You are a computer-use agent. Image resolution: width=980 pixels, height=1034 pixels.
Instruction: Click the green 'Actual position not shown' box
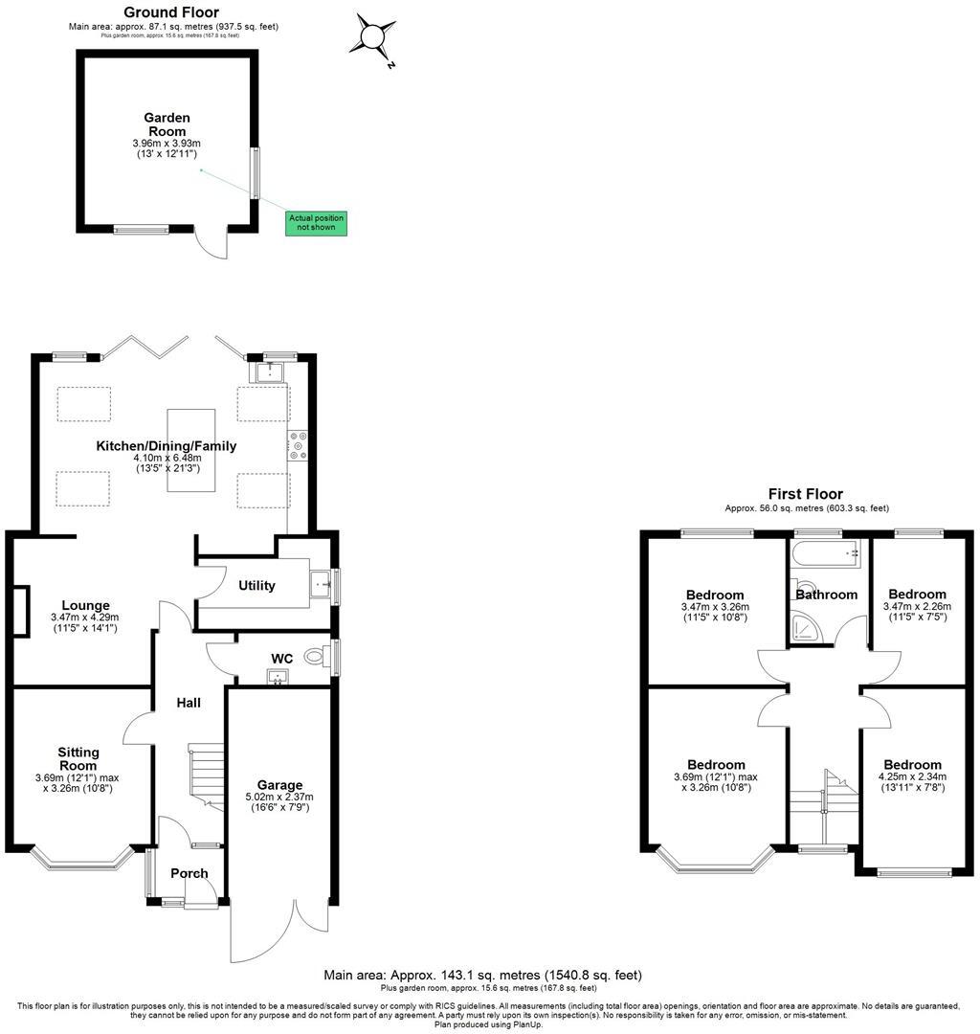pos(316,223)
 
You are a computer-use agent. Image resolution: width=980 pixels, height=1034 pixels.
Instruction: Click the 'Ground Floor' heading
pos(171,12)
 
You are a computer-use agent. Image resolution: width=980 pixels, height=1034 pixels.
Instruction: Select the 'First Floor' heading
pos(805,494)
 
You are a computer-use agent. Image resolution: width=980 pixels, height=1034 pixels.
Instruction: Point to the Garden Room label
pos(167,124)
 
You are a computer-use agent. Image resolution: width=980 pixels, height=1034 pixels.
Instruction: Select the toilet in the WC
pos(315,657)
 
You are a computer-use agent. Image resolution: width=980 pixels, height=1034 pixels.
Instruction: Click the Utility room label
pos(256,585)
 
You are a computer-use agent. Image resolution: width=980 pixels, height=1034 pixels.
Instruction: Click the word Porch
pos(189,873)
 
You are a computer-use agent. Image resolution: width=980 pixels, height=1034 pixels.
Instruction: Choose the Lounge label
pos(85,605)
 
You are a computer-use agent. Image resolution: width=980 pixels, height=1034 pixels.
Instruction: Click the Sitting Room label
pos(78,759)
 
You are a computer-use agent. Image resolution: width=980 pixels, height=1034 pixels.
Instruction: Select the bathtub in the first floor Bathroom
pos(826,552)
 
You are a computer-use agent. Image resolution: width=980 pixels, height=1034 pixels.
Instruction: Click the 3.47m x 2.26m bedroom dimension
pos(916,612)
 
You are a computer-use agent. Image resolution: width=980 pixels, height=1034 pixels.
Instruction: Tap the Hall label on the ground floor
pos(188,703)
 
